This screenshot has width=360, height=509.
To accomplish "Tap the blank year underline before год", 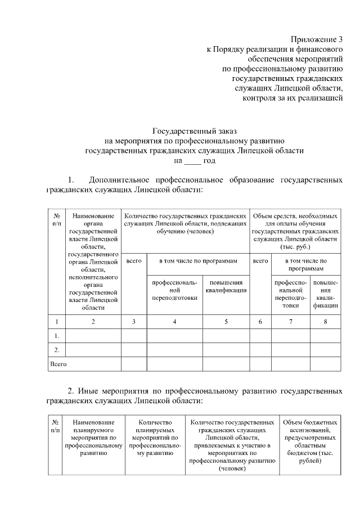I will (192, 161).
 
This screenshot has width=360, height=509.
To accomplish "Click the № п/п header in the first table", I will (56, 219).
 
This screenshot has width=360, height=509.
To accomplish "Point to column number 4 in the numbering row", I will (174, 322).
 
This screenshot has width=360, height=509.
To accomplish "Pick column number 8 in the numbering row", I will (326, 322).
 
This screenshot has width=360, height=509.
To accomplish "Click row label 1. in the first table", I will (56, 336).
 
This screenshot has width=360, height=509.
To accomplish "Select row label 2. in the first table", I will (56, 350).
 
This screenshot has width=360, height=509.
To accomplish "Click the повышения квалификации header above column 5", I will (226, 286).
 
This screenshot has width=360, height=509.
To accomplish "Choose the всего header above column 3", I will (134, 261).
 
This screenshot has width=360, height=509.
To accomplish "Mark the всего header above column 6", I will (260, 261).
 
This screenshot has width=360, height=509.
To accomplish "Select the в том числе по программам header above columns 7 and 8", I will (305, 264).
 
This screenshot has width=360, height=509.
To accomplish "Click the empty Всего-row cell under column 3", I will (134, 364).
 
